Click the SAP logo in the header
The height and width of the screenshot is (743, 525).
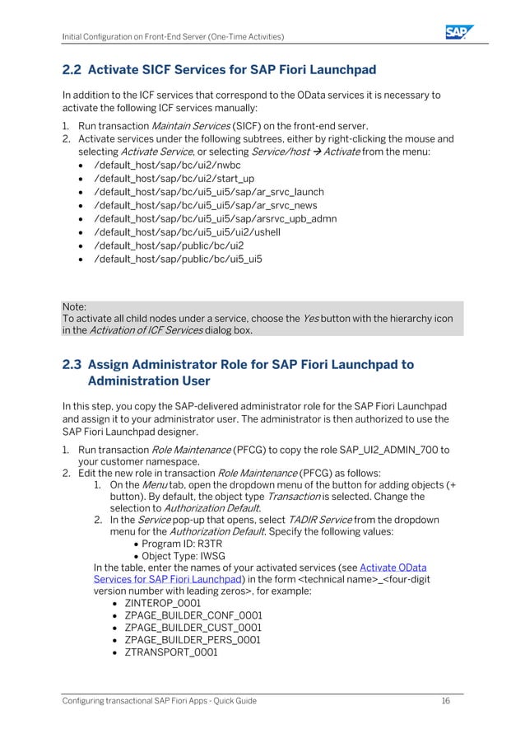pos(459,32)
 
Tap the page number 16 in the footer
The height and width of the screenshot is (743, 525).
pos(445,700)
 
